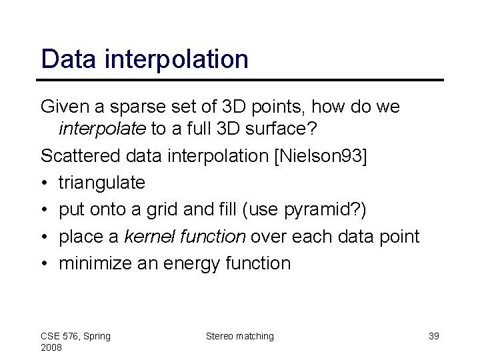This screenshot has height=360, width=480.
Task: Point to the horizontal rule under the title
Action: pyautogui.click(x=242, y=80)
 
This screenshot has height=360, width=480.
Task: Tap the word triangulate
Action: pyautogui.click(x=102, y=181)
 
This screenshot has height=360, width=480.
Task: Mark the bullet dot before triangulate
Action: pyautogui.click(x=44, y=182)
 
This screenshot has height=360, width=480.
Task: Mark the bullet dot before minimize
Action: pyautogui.click(x=44, y=263)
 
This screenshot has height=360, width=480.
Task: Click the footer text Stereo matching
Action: pyautogui.click(x=240, y=336)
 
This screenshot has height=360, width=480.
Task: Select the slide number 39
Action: pyautogui.click(x=433, y=336)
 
